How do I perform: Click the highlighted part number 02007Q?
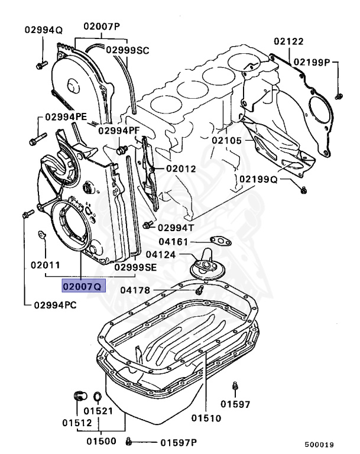click(80, 287)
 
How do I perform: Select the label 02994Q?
click(43, 30)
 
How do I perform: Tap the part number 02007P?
click(101, 26)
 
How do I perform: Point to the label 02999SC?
click(128, 50)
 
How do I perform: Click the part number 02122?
click(288, 41)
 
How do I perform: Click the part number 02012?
click(180, 168)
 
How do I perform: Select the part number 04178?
click(135, 290)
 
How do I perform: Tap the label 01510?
click(206, 418)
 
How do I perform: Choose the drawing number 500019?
click(319, 445)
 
